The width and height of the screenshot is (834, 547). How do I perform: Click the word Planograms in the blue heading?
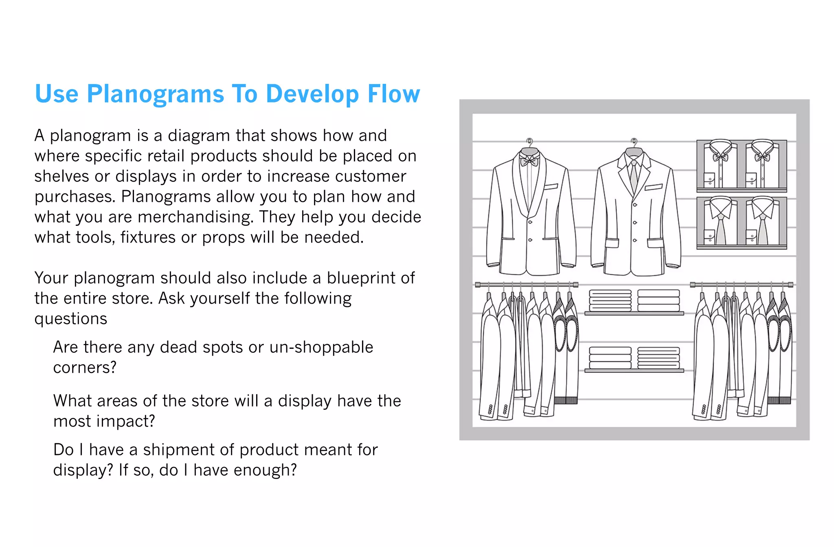pyautogui.click(x=155, y=94)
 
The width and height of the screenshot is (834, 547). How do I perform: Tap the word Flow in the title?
pyautogui.click(x=393, y=94)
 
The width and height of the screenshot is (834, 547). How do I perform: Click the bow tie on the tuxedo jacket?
pyautogui.click(x=529, y=161)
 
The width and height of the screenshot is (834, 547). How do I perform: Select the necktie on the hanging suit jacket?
pyautogui.click(x=634, y=175)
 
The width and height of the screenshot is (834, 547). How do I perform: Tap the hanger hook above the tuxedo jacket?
pyautogui.click(x=529, y=142)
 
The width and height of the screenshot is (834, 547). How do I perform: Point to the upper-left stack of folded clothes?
pyautogui.click(x=610, y=301)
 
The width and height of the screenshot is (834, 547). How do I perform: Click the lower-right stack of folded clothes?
pyautogui.click(x=658, y=358)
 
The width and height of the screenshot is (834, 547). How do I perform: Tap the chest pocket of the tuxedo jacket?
pyautogui.click(x=551, y=187)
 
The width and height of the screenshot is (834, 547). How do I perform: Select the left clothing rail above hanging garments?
pyautogui.click(x=527, y=284)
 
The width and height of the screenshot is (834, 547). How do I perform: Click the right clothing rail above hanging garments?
pyautogui.click(x=741, y=284)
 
